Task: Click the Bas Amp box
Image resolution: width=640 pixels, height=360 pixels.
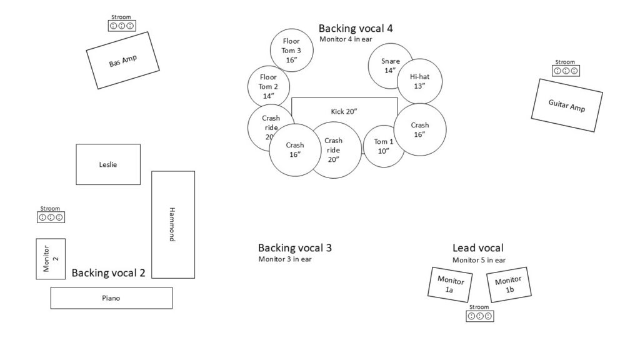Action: (x=122, y=61)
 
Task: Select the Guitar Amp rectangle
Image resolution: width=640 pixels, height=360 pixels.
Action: (x=566, y=105)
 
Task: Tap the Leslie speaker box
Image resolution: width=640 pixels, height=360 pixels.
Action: (x=108, y=164)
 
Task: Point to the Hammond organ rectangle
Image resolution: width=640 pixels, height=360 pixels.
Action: (x=173, y=225)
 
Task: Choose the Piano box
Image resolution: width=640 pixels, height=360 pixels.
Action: (x=111, y=298)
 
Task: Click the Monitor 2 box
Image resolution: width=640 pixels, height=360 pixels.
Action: (x=51, y=259)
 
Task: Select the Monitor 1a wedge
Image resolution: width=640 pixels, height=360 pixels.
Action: (x=450, y=284)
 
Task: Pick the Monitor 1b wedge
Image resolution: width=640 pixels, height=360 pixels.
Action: (x=509, y=284)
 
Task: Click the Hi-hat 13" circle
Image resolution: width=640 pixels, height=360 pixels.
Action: (x=419, y=81)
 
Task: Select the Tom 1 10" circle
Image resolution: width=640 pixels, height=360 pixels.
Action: (x=383, y=146)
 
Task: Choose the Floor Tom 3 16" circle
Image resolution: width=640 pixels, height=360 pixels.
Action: (x=291, y=50)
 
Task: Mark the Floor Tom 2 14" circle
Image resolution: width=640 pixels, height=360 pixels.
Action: (x=269, y=86)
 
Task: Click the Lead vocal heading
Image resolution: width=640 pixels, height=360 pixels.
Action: (x=478, y=248)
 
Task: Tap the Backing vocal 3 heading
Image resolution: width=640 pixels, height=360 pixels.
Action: (x=295, y=248)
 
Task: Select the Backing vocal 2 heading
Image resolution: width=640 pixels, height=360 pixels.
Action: (x=108, y=273)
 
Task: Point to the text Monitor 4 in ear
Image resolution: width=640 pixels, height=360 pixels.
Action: (x=346, y=39)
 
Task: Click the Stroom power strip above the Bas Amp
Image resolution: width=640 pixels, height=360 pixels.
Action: (x=122, y=26)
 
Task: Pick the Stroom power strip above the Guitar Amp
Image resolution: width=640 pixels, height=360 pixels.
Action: (x=566, y=71)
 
